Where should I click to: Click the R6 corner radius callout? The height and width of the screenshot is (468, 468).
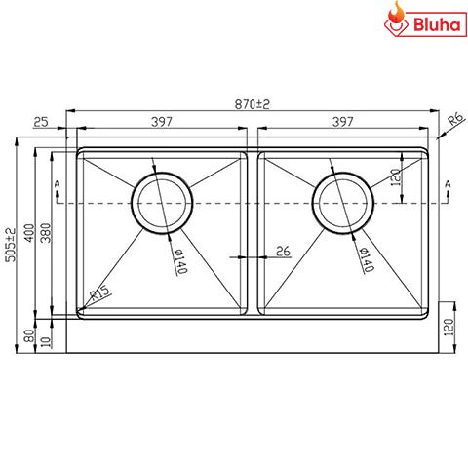tap(454, 122)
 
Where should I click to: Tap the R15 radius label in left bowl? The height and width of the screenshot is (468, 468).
tap(98, 292)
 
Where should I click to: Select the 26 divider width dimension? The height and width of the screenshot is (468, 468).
tap(283, 252)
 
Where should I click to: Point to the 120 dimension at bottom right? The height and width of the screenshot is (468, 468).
tap(449, 331)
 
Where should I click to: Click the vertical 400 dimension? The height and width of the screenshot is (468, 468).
tap(30, 234)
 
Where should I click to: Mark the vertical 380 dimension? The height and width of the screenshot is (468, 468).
tap(45, 234)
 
